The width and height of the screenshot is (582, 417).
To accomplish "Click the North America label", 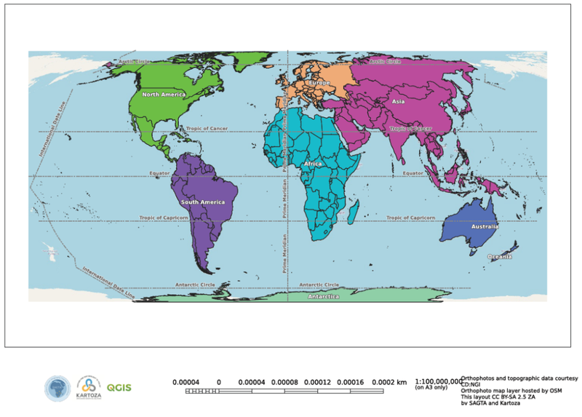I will pos(164,95).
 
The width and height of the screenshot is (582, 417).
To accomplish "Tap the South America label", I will pos(201,202).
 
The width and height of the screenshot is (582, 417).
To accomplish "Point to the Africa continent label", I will pos(313,164).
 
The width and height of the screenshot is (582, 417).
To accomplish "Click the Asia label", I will pos(398,102).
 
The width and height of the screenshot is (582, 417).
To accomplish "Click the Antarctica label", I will pos(323,297).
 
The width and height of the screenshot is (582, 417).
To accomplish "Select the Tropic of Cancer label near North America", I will pos(207,129).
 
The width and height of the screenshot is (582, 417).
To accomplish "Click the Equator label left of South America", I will pos(159,173).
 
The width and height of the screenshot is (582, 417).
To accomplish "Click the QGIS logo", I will pos(119,387).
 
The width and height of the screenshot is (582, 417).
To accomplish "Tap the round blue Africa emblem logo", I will pos(57,388).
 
